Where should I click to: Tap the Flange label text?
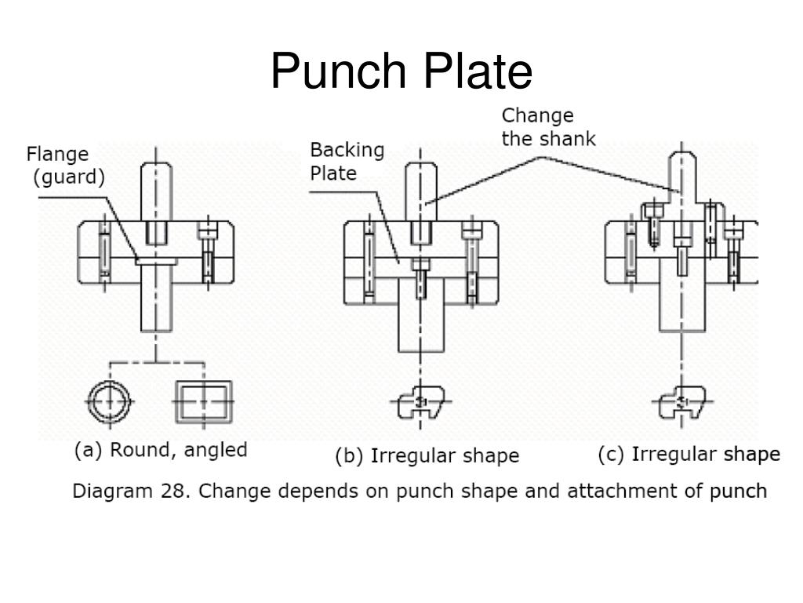(x=57, y=154)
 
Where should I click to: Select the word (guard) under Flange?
(x=69, y=177)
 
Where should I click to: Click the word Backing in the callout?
(x=347, y=151)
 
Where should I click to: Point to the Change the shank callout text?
(x=548, y=127)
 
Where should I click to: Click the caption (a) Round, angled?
(x=161, y=450)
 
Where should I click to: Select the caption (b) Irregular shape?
(x=427, y=456)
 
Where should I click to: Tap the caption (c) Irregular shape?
(x=689, y=455)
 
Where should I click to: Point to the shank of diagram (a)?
(x=156, y=192)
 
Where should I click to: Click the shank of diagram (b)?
(x=421, y=192)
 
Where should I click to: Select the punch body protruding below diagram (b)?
(x=421, y=328)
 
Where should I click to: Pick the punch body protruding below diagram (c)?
(x=682, y=308)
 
